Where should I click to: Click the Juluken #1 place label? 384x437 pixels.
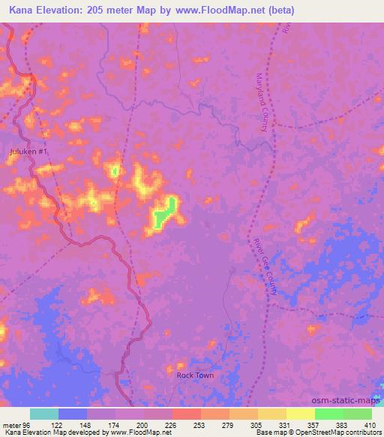click(29, 152)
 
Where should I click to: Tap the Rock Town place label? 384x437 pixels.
click(195, 375)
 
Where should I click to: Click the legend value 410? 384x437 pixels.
click(371, 424)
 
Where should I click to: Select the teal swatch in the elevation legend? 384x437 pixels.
click(44, 414)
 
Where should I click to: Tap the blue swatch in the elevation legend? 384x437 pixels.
click(73, 414)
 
